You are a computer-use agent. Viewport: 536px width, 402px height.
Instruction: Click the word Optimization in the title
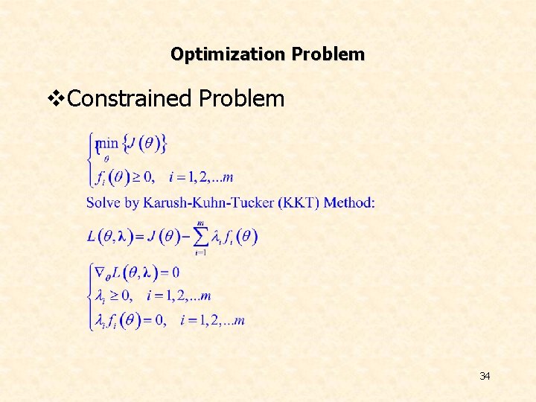229,54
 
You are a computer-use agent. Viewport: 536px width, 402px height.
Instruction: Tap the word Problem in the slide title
328,54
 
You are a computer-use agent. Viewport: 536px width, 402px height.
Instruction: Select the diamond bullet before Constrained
56,98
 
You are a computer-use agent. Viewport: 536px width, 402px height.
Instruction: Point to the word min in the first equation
108,142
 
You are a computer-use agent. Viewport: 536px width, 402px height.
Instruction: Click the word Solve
103,202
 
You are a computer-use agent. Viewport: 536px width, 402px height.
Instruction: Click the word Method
349,202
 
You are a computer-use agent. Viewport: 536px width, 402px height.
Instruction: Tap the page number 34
485,376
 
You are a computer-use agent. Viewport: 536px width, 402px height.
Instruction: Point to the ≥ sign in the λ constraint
118,296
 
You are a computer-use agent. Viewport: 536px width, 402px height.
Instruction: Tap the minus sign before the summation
183,237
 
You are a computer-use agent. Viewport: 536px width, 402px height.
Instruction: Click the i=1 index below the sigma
200,253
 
